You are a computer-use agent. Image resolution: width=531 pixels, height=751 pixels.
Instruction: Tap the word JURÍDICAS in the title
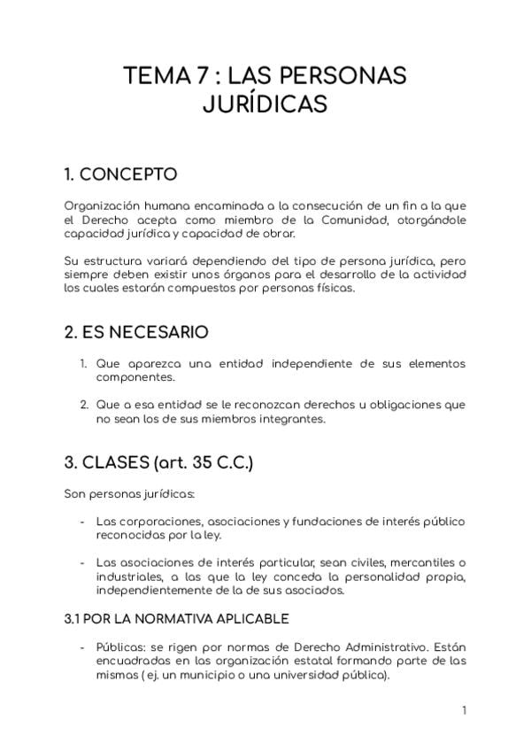(265, 105)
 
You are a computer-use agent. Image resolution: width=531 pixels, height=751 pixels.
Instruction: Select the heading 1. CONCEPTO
(121, 173)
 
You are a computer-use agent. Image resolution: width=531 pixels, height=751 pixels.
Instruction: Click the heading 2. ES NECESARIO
(137, 333)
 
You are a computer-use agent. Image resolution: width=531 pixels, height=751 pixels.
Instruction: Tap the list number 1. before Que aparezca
(82, 365)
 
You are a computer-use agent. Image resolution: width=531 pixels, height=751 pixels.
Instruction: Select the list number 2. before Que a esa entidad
(82, 405)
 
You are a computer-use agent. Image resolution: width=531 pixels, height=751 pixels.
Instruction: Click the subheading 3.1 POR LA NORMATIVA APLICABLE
(177, 617)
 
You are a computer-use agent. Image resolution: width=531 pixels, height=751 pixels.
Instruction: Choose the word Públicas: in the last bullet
(123, 646)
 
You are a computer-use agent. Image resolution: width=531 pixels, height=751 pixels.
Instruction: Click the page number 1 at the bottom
(464, 710)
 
